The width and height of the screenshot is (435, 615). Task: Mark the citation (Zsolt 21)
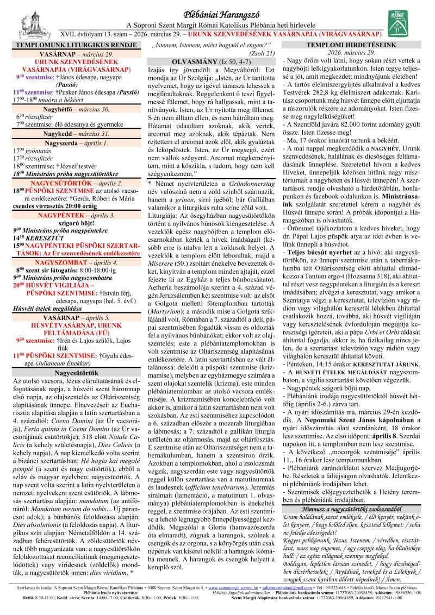pyautogui.click(x=262, y=53)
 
